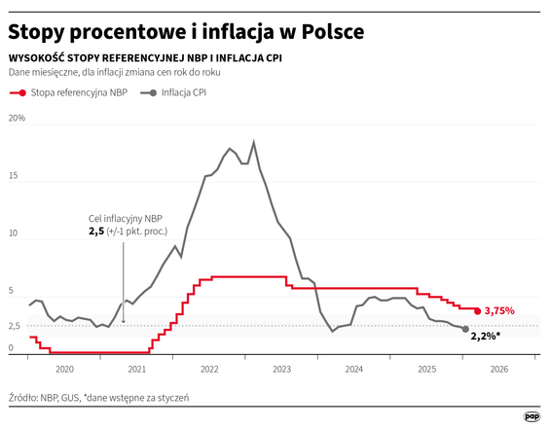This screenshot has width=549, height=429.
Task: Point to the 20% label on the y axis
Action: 17,119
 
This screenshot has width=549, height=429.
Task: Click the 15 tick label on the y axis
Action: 14,176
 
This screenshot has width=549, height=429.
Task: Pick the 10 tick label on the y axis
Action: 14,233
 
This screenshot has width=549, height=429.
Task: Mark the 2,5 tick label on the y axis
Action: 15,325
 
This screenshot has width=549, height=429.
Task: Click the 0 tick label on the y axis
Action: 11,347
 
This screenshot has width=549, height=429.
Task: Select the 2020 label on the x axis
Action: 64,370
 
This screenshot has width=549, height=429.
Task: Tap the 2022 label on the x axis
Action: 209,370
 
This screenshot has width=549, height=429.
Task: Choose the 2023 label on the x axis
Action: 281,370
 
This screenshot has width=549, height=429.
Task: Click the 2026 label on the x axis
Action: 498,370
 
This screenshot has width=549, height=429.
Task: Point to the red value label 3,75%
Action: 498,310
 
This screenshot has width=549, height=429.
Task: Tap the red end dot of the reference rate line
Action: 477,310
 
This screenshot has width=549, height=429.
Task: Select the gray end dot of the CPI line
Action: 465,329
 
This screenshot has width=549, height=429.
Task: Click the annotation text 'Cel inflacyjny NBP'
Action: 125,218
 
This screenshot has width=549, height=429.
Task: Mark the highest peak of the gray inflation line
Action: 253,142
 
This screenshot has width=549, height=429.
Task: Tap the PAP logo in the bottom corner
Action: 531,416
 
